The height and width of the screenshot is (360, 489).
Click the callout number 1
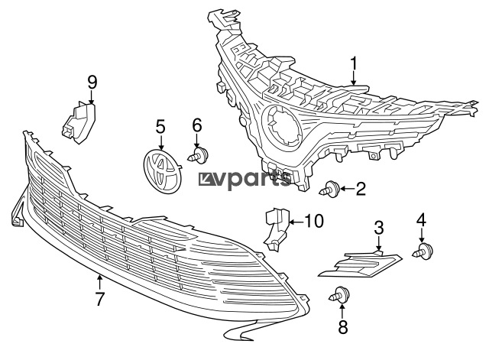point(353,64)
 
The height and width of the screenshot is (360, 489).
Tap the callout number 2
point(361,189)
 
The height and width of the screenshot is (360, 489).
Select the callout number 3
point(379,228)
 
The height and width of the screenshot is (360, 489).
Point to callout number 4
point(421,220)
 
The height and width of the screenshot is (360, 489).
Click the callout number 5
point(160,128)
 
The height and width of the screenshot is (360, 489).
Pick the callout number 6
point(197,125)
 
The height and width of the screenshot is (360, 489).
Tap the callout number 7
point(99,299)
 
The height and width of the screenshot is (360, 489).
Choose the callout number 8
point(342,327)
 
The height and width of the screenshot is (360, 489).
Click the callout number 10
point(314,221)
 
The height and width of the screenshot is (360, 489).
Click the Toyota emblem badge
point(163,171)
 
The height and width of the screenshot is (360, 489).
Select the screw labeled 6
point(198,154)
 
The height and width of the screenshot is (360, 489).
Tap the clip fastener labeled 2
point(329,189)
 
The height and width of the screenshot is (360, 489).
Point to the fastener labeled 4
point(423,251)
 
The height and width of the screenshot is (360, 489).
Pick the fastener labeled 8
point(339,295)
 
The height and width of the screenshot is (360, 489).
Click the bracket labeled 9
point(78,123)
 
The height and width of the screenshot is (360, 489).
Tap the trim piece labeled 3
point(360,264)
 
